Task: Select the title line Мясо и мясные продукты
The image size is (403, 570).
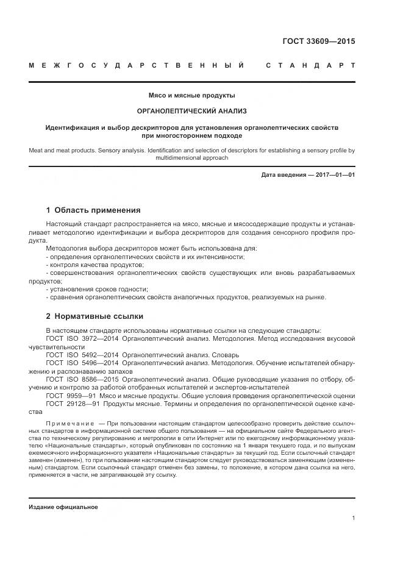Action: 192,96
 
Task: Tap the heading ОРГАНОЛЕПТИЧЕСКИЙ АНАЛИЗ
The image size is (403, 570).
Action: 192,111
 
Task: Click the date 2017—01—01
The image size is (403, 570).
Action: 335,175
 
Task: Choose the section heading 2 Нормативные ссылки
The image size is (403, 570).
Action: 95,316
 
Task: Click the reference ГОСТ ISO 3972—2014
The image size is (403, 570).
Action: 82,338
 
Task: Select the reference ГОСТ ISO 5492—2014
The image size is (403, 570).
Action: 82,354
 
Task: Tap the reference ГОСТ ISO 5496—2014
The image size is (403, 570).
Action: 82,362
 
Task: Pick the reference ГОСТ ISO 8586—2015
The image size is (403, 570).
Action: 82,379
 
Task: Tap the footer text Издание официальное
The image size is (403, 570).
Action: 63,507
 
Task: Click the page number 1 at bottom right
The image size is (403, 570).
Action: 353,518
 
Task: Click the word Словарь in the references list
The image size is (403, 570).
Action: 226,354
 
